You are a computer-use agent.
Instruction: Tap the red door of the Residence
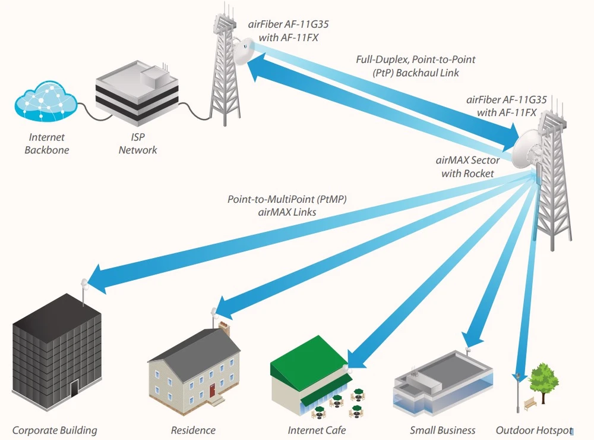[x=212, y=391]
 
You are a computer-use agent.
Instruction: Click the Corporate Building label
[x=55, y=430]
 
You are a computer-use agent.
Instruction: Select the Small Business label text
[x=443, y=430]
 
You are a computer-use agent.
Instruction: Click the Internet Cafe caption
[x=317, y=430]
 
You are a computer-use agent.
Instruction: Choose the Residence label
[x=193, y=430]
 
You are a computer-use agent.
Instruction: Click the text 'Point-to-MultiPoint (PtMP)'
[x=287, y=200]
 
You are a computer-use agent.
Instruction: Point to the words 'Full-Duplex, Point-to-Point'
[x=415, y=59]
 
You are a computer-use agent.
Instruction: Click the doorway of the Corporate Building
[x=74, y=389]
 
